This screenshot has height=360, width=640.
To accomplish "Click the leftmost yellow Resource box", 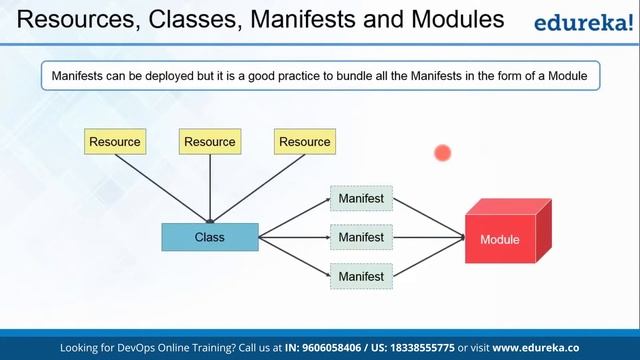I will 115,142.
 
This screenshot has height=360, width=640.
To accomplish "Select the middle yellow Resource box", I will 210,142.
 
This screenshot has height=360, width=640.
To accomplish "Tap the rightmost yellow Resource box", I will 305,142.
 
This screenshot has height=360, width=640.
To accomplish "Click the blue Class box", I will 210,237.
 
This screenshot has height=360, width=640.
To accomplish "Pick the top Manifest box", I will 361,199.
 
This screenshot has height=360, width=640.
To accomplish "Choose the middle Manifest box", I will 361,237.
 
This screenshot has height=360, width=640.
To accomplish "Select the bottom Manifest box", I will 361,275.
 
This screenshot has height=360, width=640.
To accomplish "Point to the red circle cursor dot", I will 443,153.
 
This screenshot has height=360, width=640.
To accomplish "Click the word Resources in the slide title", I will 63,18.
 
